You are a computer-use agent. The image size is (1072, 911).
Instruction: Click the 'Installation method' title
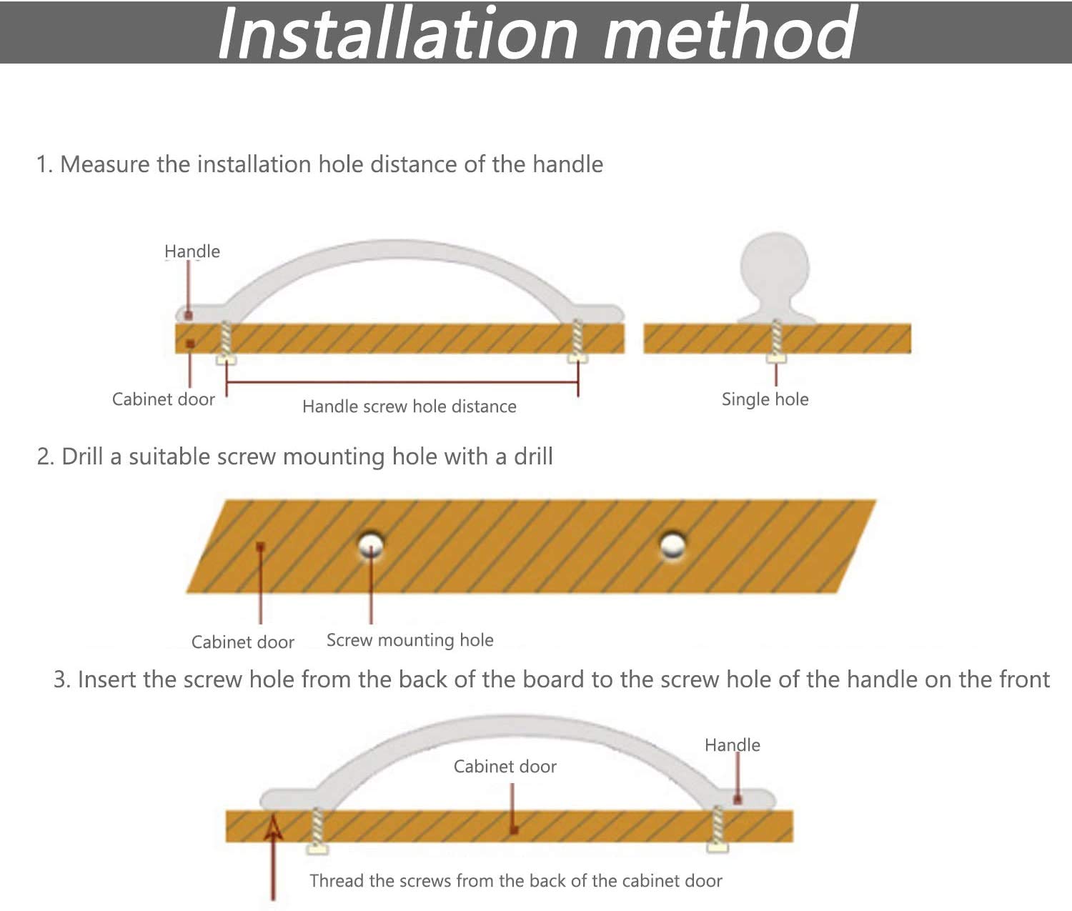(537, 32)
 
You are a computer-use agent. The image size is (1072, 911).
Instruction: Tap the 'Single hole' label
(765, 399)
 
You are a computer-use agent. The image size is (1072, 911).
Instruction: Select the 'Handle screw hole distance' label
(410, 406)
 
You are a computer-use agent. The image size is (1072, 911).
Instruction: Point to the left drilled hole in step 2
(371, 546)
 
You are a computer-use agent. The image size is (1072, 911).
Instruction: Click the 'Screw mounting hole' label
(410, 640)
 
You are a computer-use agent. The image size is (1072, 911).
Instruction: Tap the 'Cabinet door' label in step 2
(243, 642)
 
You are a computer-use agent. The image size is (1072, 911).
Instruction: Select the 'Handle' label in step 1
(192, 252)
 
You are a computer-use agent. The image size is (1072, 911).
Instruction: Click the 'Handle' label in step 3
(733, 745)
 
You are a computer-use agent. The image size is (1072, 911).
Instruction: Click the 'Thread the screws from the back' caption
(516, 881)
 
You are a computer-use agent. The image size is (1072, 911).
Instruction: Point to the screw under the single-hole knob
(776, 341)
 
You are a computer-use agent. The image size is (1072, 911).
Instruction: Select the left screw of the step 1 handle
(226, 342)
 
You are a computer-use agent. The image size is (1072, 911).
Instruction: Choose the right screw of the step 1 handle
(577, 342)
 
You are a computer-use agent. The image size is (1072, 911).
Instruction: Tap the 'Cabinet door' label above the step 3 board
(505, 767)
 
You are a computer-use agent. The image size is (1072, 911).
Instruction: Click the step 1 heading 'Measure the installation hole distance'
(319, 164)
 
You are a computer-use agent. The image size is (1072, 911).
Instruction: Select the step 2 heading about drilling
(294, 457)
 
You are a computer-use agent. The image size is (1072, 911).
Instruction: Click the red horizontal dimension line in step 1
(402, 382)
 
